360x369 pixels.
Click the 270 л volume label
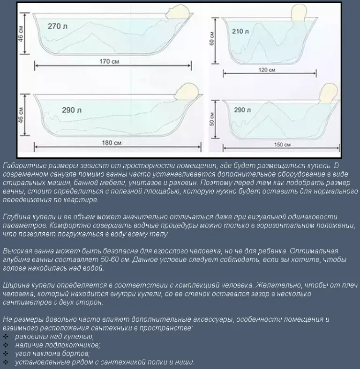(x=58, y=26)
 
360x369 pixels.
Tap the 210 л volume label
(x=240, y=31)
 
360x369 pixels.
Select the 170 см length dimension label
(x=109, y=61)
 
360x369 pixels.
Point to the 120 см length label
(x=267, y=70)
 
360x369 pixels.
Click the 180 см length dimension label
(x=112, y=143)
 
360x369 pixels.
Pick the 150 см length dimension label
(x=282, y=145)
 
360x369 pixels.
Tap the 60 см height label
(x=211, y=38)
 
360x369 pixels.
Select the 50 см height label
(x=211, y=119)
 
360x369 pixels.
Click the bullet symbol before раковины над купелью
(x=6, y=337)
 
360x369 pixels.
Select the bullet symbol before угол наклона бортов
(x=6, y=354)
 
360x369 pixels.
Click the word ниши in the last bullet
(x=186, y=362)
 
